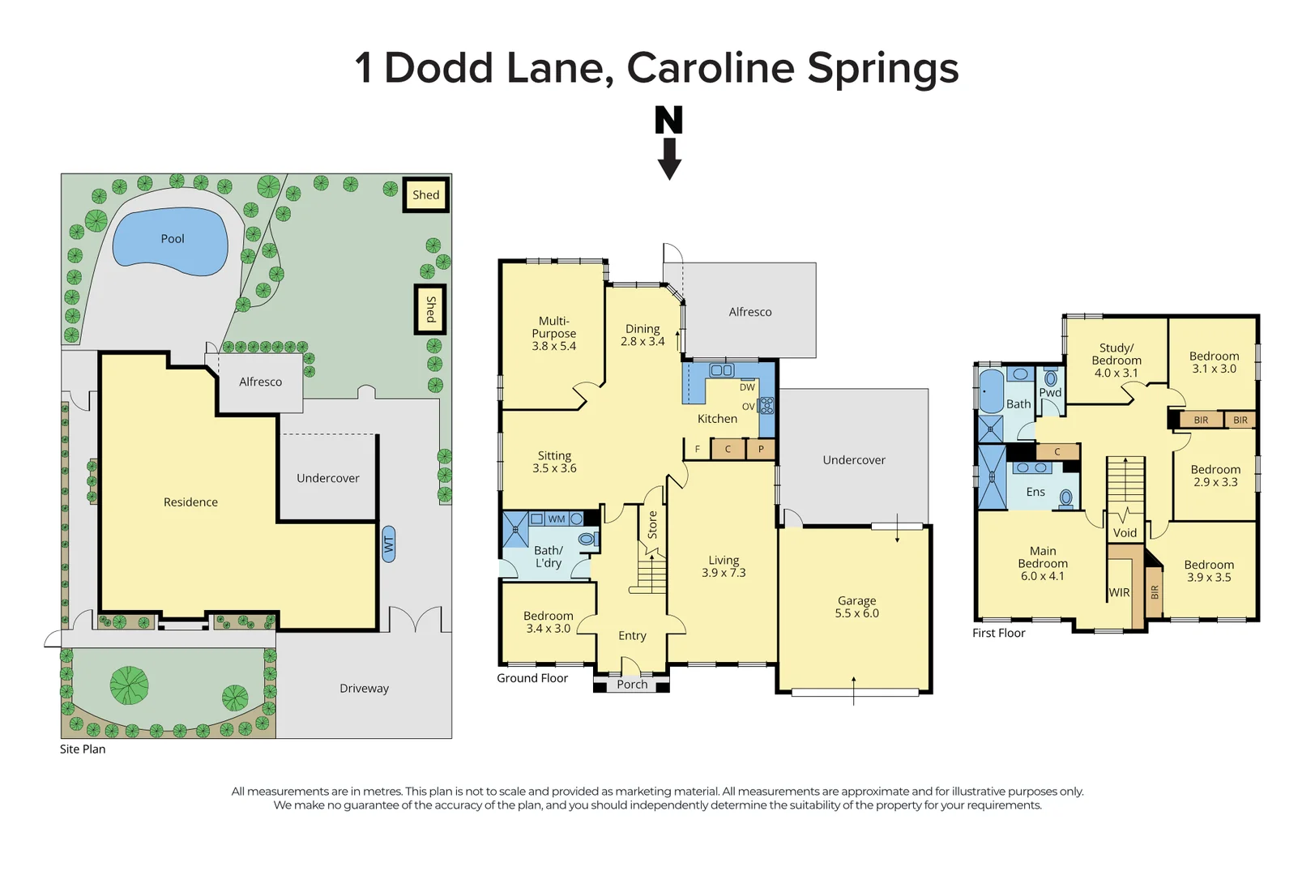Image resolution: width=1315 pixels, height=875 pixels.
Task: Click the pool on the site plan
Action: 171,240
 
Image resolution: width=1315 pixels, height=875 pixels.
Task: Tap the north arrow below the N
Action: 669,159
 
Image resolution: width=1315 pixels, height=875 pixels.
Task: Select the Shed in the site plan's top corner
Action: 426,194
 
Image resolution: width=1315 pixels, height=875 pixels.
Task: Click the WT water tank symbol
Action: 389,544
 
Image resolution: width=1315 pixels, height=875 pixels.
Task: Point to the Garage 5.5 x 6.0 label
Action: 857,607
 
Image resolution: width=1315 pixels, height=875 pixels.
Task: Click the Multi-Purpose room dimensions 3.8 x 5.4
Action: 554,346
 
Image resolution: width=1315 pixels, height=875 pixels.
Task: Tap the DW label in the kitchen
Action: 747,387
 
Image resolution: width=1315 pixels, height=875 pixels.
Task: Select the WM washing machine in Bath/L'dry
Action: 556,519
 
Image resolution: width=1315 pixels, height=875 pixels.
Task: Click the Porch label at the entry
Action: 632,685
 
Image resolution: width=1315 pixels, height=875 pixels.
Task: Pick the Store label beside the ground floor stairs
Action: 652,524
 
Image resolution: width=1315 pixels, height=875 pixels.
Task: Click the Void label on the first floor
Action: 1125,532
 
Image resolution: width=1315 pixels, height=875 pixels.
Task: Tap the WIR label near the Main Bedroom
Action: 1119,592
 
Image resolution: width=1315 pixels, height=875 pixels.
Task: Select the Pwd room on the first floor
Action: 1050,392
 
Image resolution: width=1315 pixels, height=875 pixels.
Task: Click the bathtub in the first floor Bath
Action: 991,391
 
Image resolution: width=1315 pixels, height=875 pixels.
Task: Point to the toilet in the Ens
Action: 1066,497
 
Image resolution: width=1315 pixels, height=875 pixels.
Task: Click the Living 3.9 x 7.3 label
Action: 724,566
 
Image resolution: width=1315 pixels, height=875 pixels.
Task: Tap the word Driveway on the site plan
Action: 364,689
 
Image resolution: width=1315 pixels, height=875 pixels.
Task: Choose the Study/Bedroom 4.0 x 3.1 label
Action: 1116,361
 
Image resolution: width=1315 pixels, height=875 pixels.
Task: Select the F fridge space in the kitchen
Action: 697,449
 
